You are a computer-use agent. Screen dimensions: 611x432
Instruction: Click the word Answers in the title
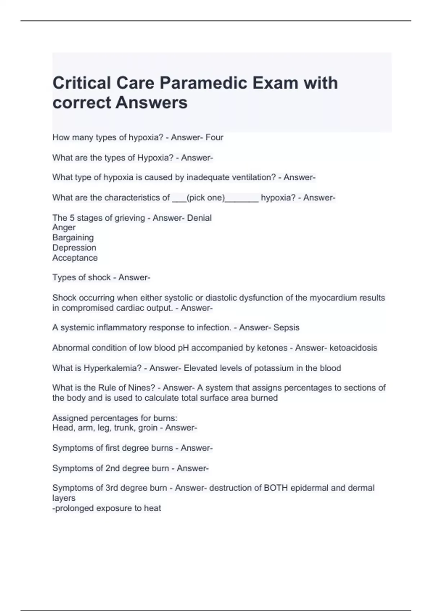coord(152,102)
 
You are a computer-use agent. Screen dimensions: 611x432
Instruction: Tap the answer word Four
coord(214,137)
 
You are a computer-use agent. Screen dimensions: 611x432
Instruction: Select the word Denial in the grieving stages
coord(199,218)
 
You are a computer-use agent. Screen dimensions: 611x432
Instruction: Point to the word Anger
coord(64,228)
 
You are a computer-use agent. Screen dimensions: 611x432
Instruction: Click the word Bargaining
coord(73,238)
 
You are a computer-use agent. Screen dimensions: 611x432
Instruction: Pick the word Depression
coord(74,248)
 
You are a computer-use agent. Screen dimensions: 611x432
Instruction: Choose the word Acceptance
coord(75,258)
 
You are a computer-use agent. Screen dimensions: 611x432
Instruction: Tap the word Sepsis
coord(286,327)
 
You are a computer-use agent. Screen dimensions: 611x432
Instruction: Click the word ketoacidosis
coord(353,348)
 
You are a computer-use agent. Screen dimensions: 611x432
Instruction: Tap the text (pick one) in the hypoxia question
coord(206,198)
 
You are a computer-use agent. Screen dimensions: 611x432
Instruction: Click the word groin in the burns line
coord(148,428)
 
